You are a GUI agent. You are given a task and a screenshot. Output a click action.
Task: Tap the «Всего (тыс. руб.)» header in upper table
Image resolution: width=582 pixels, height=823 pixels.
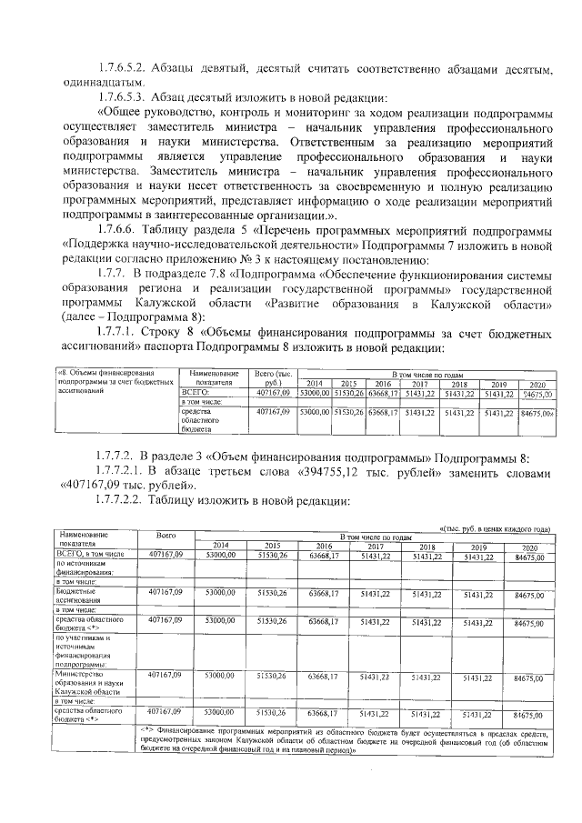273,377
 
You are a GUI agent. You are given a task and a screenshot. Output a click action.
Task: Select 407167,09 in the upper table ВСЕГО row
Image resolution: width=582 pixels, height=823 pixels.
273,391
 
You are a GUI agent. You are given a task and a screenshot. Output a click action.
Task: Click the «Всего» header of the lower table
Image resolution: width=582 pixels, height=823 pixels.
166,537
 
